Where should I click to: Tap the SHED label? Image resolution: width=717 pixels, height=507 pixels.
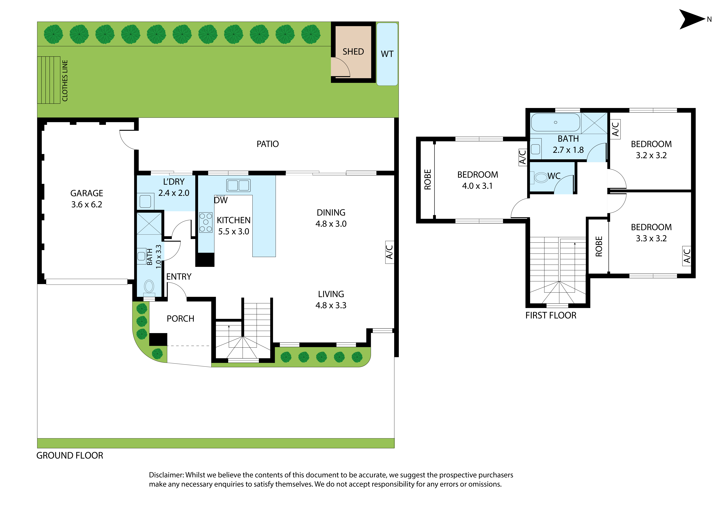coord(353,52)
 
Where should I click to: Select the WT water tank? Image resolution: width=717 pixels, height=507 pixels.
coord(387,54)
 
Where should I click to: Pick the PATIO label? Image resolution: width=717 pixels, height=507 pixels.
coord(268,144)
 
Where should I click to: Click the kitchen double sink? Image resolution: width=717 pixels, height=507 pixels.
coord(238,185)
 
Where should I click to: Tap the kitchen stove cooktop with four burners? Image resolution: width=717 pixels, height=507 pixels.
coord(206,222)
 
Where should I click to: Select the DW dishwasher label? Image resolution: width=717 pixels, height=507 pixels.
coord(221,200)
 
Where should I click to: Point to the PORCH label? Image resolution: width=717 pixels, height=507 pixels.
coord(180,319)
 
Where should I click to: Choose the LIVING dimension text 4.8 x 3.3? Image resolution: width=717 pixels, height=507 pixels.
coord(331,305)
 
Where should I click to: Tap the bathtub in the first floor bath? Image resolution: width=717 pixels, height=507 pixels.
coord(556,122)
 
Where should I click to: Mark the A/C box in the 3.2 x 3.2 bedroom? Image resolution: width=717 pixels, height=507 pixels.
coord(615,129)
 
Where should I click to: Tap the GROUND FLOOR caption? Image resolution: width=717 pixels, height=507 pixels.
coord(70,455)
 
